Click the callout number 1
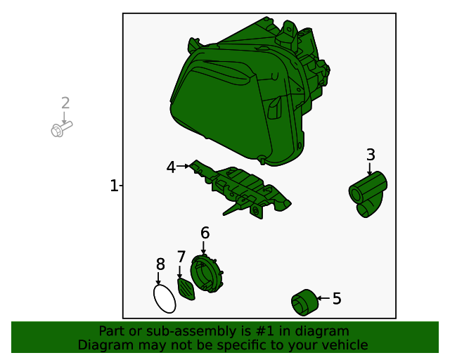[x=114, y=186]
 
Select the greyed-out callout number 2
[x=65, y=103]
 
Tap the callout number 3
[x=371, y=155]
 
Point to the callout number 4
[x=171, y=167]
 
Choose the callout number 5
[x=337, y=299]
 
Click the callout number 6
[x=205, y=233]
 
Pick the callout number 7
[x=181, y=257]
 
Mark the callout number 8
[x=160, y=264]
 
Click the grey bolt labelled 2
[x=61, y=129]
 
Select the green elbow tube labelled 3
[x=368, y=194]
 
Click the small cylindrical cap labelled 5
[x=304, y=302]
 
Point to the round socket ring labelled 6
[x=207, y=273]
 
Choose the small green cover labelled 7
[x=186, y=290]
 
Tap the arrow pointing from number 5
[x=323, y=298]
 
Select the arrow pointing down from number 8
[x=157, y=278]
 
